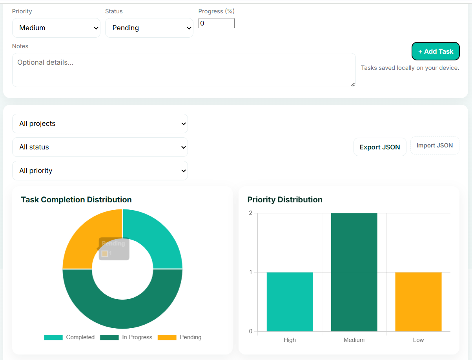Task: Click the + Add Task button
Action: (x=436, y=51)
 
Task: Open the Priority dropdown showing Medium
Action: (x=56, y=28)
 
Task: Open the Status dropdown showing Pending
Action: (x=149, y=28)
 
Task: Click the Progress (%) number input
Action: (x=216, y=23)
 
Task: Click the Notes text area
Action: (x=184, y=70)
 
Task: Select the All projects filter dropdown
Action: (x=100, y=124)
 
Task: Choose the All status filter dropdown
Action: (x=100, y=147)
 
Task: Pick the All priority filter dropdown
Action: (x=100, y=171)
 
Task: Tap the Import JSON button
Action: (x=435, y=145)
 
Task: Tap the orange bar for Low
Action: (x=418, y=302)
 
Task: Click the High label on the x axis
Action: (x=290, y=340)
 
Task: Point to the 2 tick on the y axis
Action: (x=250, y=213)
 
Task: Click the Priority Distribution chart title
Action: (x=285, y=200)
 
